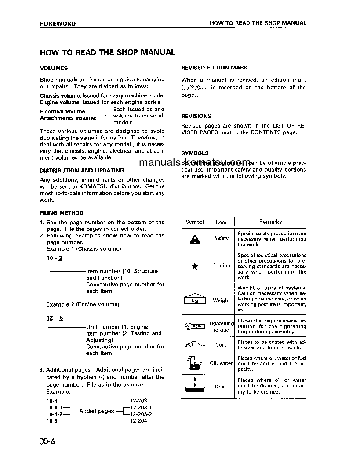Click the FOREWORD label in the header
(x=58, y=23)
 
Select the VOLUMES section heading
(x=54, y=68)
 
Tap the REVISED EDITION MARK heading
(x=214, y=68)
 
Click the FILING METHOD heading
(x=62, y=213)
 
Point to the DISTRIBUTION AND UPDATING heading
(x=82, y=170)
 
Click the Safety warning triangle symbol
(x=195, y=239)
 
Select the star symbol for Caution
(x=195, y=266)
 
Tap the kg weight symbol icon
(x=195, y=300)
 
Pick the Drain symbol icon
(x=195, y=386)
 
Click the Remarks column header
(x=270, y=222)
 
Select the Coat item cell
(x=221, y=345)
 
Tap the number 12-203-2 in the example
(x=141, y=414)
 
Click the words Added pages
(x=96, y=411)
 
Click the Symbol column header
(x=195, y=222)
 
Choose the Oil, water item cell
(x=221, y=363)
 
